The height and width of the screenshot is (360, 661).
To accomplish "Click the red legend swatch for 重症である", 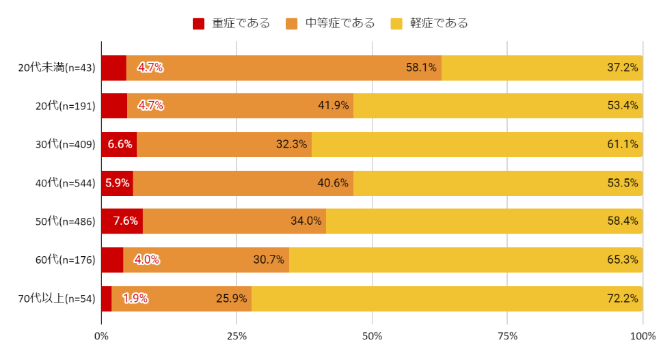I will (199, 24).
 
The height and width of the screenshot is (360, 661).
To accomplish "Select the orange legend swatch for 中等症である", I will (292, 24).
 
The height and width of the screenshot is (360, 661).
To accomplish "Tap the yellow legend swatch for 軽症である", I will (396, 24).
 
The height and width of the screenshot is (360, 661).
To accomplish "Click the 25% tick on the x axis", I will (237, 335).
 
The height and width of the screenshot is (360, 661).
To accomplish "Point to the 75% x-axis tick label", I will (507, 335).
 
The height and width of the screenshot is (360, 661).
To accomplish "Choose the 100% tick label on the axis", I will (643, 335).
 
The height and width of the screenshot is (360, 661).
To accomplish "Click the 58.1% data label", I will (421, 68).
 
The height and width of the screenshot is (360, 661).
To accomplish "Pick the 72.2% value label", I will (622, 299).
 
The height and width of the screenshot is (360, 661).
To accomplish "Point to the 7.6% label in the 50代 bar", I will (126, 221).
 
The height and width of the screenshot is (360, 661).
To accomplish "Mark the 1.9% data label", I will (135, 299).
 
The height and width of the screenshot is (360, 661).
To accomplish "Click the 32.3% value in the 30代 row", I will (291, 144).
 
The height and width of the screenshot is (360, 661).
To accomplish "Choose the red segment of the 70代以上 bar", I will (106, 299).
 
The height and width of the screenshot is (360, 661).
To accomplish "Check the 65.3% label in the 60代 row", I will (622, 260).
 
